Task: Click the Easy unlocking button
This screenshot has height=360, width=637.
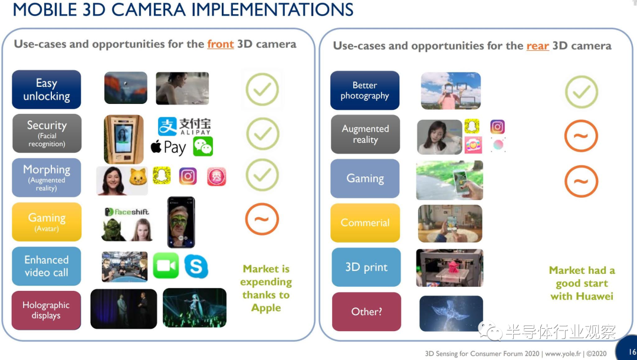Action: point(47,89)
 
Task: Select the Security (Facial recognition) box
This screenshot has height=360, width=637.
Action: point(47,133)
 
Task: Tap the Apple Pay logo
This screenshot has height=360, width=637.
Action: point(168,147)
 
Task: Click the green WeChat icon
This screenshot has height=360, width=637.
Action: point(203,147)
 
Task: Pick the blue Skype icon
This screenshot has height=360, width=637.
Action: point(196,266)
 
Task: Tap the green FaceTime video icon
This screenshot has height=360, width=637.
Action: point(166,266)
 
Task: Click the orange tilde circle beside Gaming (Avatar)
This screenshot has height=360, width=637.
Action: point(262,219)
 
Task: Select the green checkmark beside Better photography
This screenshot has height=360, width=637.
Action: point(582,92)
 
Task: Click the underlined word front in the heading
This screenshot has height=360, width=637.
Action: point(221,44)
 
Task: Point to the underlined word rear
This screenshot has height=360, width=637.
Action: point(537,46)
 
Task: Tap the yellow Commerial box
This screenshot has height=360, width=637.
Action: point(365,222)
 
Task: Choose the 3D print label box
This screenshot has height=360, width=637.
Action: point(366,267)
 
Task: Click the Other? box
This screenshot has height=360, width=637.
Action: point(366,312)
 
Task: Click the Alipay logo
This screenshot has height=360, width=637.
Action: point(185,126)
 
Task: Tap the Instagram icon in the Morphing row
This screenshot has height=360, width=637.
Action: point(188,176)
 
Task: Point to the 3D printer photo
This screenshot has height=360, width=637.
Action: point(449,268)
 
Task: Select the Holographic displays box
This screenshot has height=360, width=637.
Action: point(46,310)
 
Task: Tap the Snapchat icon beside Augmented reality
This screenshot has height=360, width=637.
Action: point(472,127)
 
